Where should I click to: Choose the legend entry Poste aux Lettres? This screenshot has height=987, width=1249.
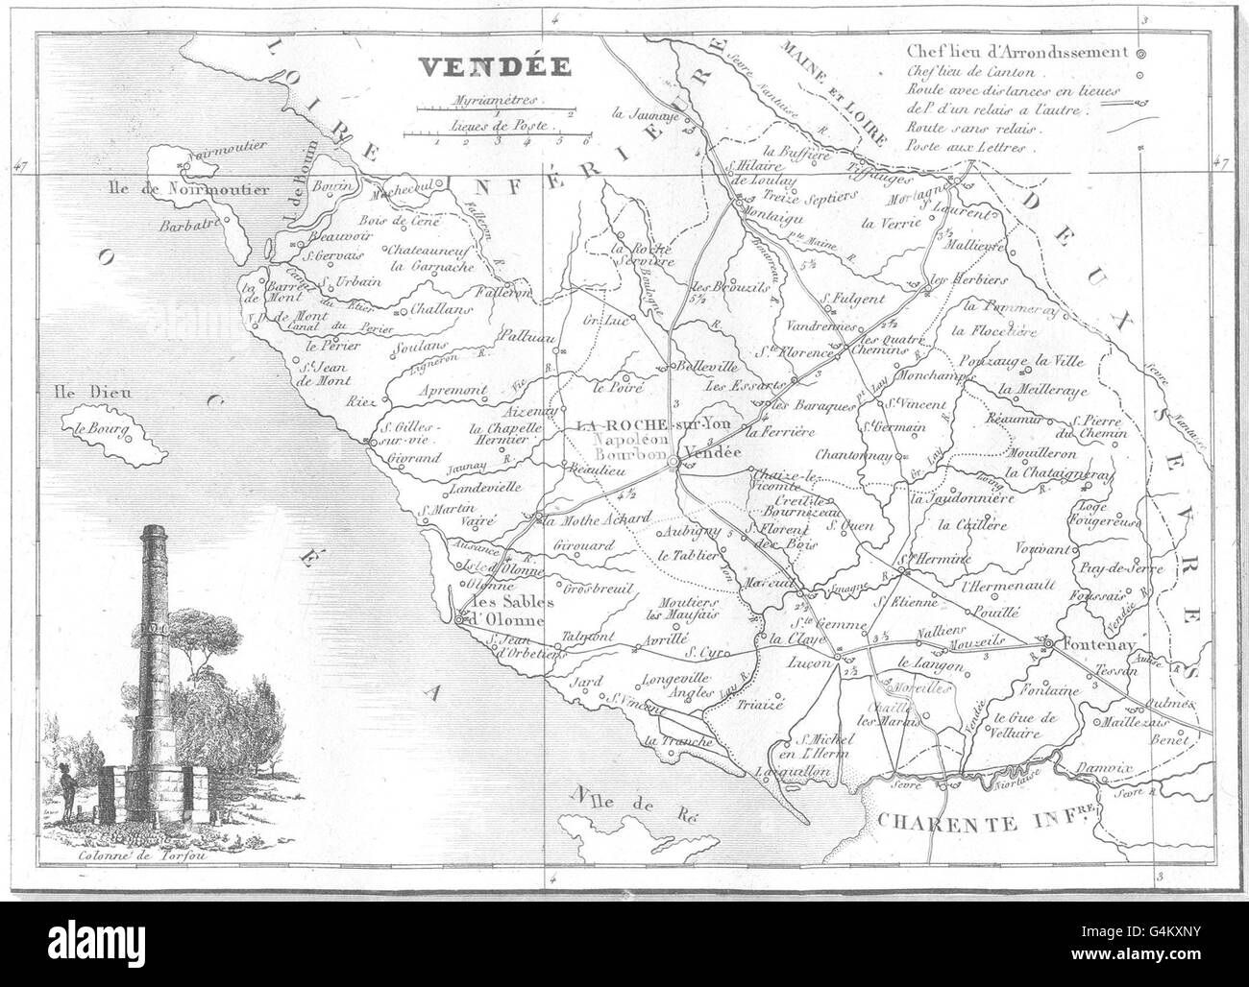(x=966, y=149)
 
